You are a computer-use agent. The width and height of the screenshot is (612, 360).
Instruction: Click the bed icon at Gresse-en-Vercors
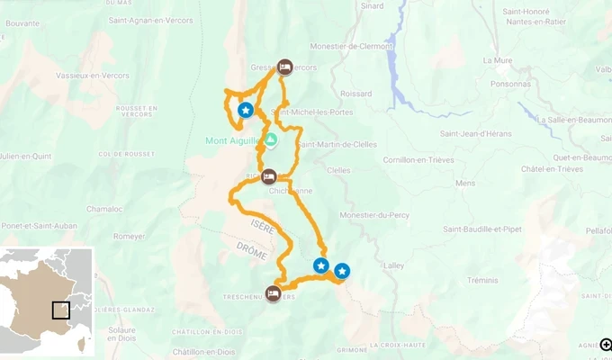pos(284,67)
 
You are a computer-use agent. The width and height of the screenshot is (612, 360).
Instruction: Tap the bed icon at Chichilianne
pos(268,176)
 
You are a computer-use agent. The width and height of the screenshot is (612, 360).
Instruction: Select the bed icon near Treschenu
pos(273,292)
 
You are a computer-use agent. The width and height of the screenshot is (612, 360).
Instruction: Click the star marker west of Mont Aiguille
pos(245,110)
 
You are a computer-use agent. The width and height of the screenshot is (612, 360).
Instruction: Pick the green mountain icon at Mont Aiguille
pos(270,139)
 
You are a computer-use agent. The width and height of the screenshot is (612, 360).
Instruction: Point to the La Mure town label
pos(497,60)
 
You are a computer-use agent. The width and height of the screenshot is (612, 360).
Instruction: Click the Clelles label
pos(338,169)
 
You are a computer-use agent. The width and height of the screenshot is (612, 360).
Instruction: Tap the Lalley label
pos(394,265)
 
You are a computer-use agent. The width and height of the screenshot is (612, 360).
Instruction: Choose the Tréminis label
pos(482,280)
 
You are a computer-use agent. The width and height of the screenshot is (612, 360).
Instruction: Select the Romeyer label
pos(130,237)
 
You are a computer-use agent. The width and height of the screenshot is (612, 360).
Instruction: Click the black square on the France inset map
pos(60,310)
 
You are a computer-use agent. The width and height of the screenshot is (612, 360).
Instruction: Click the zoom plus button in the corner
pos(606,345)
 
